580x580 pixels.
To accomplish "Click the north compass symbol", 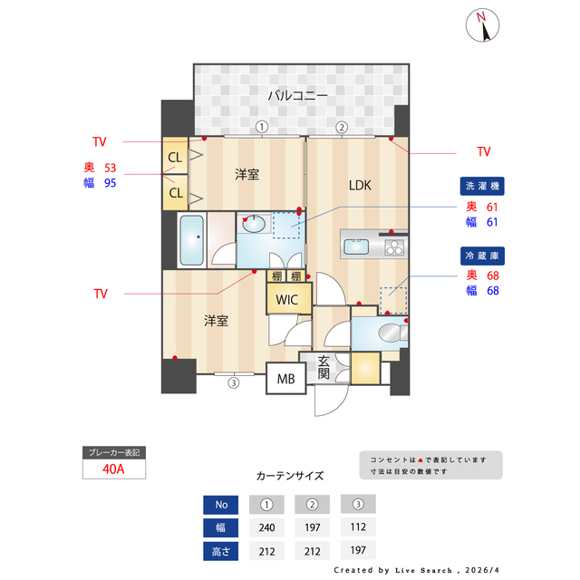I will point(484,25).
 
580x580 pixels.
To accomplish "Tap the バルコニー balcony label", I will point(296,94).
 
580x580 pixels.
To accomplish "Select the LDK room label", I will point(362,186).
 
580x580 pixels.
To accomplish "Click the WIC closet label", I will point(287,299).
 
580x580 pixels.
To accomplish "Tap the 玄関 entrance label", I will point(324,368).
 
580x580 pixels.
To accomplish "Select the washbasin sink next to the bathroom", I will point(254,223).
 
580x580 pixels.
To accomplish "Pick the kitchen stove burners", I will point(394,246).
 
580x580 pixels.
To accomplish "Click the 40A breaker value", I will point(113,469).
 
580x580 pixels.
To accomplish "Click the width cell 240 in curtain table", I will point(266,528).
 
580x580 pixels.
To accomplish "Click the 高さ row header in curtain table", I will point(221,550).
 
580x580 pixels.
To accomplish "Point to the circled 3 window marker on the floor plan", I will point(233,382).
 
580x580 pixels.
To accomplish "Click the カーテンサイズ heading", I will point(290,476).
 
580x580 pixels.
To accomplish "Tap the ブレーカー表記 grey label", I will point(113,451).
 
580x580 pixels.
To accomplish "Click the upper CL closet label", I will point(175,157).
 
